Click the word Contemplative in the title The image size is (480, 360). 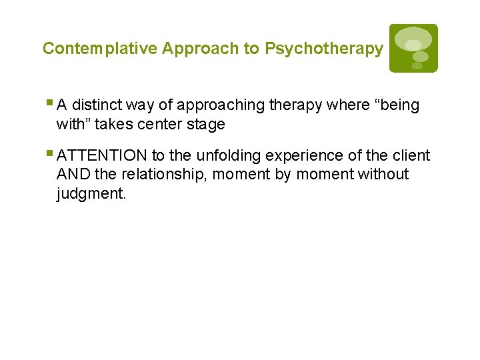pyautogui.click(x=101, y=49)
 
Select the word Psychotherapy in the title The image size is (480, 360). pyautogui.click(x=324, y=49)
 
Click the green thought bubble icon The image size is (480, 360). pyautogui.click(x=413, y=48)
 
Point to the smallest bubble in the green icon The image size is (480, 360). pyautogui.click(x=417, y=66)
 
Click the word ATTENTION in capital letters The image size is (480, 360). pyautogui.click(x=102, y=156)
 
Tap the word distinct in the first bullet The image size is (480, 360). pyautogui.click(x=98, y=105)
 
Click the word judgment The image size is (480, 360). pyautogui.click(x=91, y=194)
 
